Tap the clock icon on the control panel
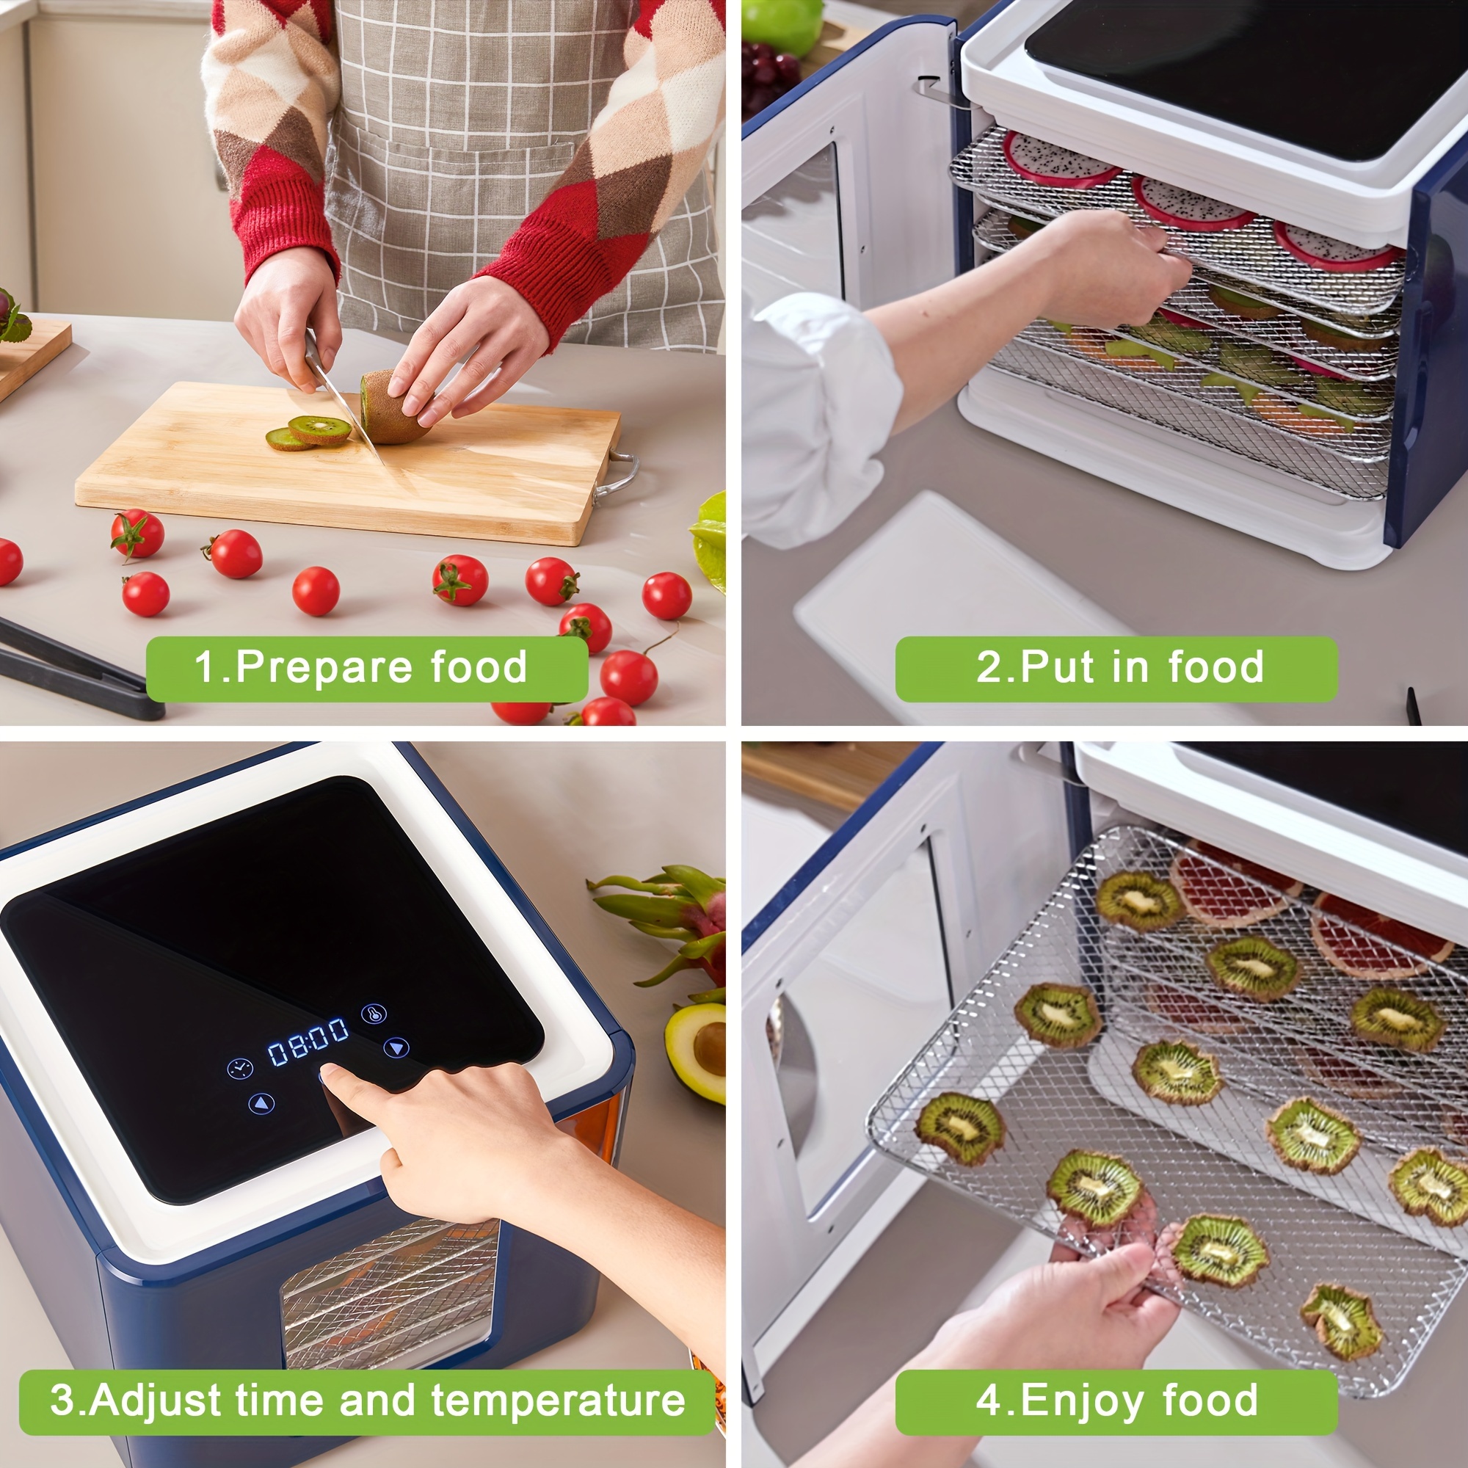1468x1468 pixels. [239, 1067]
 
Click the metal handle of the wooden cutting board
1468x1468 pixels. [617, 475]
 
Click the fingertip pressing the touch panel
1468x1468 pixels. [332, 1073]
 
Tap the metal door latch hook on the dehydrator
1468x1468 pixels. [941, 91]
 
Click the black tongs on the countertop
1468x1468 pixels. [76, 669]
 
